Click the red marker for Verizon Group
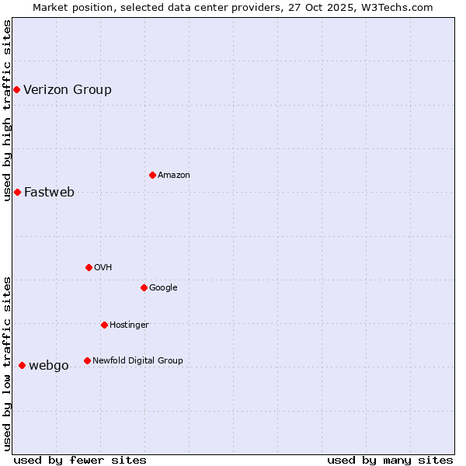[16, 90]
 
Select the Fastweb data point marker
[17, 192]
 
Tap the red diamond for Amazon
[152, 175]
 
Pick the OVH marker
[89, 267]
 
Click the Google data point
[144, 287]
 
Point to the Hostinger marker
[104, 325]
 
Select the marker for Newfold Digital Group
[87, 360]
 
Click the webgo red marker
[22, 365]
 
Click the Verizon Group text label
[68, 89]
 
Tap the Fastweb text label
[49, 193]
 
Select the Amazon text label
[174, 175]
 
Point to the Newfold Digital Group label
[137, 360]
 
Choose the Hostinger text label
[129, 325]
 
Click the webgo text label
[49, 366]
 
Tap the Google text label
[163, 287]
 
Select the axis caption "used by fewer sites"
[80, 460]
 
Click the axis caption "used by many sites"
[390, 460]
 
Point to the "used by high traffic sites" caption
[7, 110]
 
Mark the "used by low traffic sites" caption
[7, 363]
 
